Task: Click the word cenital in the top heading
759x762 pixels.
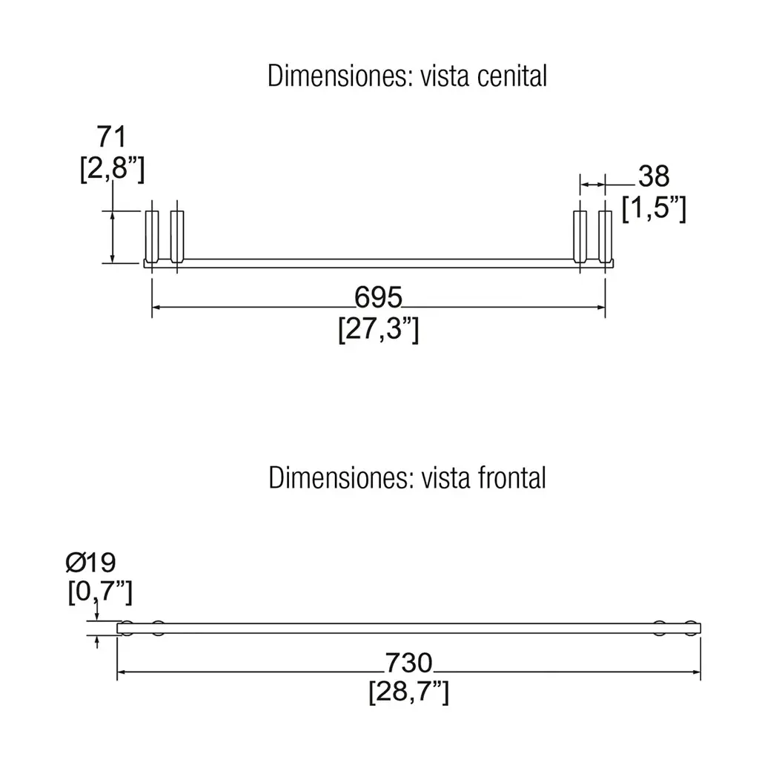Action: [512, 76]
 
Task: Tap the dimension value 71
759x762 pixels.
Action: [112, 136]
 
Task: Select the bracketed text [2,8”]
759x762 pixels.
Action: [112, 168]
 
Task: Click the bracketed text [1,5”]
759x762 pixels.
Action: [654, 208]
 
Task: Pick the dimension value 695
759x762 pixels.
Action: [378, 297]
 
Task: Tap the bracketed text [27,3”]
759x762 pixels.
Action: [379, 329]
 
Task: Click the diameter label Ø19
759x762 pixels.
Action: [91, 563]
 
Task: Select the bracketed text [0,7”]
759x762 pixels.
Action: [100, 592]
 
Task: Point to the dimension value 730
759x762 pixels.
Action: [408, 663]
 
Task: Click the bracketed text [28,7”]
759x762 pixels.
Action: [408, 692]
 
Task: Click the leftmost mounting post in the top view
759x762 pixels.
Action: [152, 236]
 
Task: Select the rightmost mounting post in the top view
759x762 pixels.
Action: [605, 236]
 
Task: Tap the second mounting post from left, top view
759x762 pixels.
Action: [177, 236]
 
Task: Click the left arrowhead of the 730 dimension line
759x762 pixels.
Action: [122, 672]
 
